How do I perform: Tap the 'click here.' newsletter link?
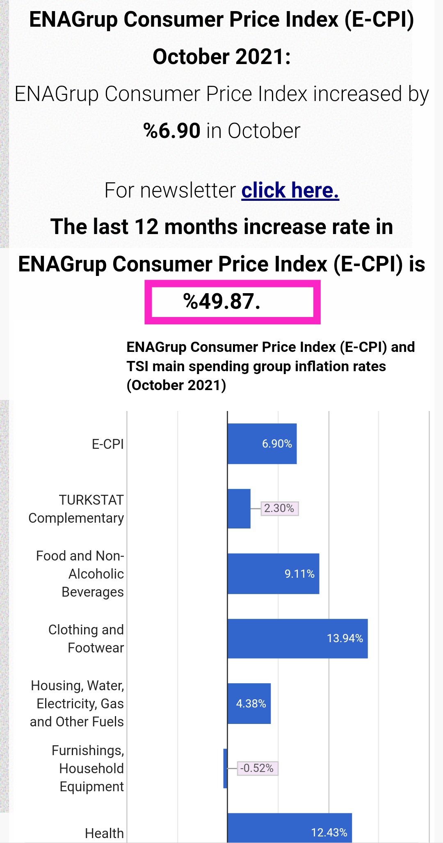click(x=290, y=190)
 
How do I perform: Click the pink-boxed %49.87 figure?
click(x=222, y=301)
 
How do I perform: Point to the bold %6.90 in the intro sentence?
click(x=172, y=131)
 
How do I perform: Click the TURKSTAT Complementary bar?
click(x=239, y=508)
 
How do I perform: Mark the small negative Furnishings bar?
click(x=225, y=768)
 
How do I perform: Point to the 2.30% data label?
click(x=279, y=508)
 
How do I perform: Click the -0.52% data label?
click(x=257, y=768)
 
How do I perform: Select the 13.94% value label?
click(x=345, y=639)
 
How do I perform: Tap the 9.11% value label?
click(x=299, y=574)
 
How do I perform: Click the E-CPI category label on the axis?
click(x=107, y=444)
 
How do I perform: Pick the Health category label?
click(x=104, y=833)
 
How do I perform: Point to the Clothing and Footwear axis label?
click(x=86, y=639)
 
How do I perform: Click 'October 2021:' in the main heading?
click(x=221, y=57)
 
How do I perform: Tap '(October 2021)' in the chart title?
click(x=176, y=385)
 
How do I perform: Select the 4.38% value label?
click(x=251, y=703)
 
